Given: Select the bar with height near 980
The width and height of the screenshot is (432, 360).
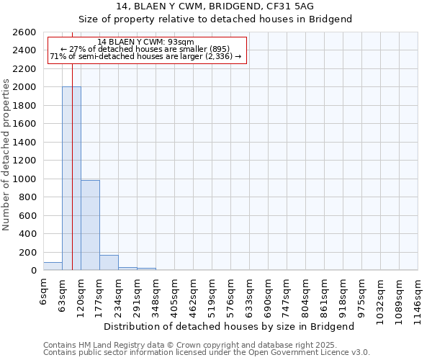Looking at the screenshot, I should [90, 225].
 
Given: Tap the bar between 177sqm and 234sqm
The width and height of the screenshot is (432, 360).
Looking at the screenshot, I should [109, 263].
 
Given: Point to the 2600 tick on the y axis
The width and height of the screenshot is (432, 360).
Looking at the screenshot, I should [24, 32].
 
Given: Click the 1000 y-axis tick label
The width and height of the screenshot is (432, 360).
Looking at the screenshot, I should [24, 179].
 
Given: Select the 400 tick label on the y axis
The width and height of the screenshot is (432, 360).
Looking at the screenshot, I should [27, 234].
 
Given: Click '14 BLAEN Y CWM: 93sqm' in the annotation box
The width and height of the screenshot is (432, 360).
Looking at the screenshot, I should [145, 42].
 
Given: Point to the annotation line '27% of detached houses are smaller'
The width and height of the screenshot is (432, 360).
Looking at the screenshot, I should [145, 49].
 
